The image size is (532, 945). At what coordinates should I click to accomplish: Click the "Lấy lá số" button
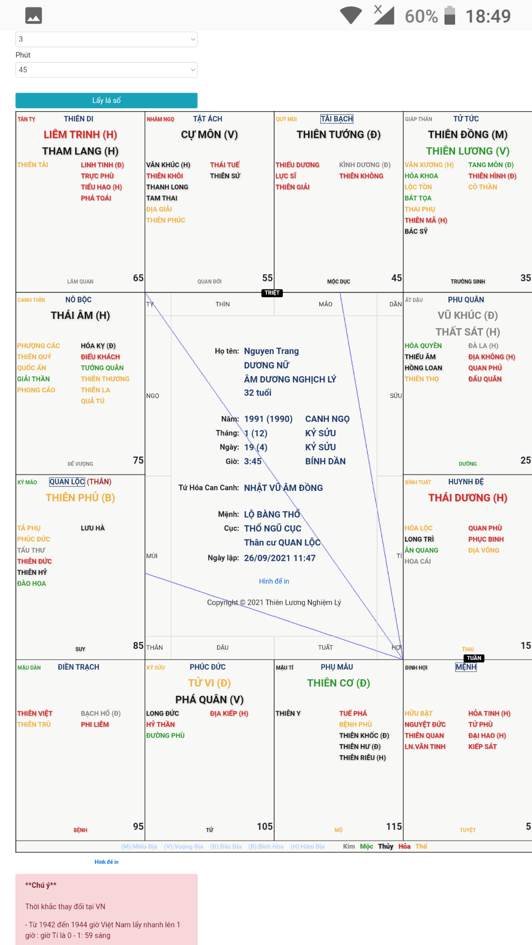(x=106, y=100)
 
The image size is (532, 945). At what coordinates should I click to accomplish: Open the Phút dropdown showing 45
(x=106, y=70)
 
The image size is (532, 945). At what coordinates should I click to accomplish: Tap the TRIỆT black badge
(x=272, y=293)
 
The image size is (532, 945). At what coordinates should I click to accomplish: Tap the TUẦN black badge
(x=474, y=658)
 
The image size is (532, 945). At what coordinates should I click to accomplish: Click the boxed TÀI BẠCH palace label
(x=337, y=119)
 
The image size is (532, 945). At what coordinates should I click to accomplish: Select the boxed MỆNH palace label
(x=466, y=667)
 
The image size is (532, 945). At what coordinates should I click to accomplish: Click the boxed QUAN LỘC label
(x=67, y=482)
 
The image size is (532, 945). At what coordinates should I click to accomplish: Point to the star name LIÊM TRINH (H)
(x=80, y=134)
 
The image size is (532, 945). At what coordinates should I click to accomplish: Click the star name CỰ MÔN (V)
(x=209, y=134)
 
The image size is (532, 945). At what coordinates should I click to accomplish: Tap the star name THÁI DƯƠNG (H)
(x=468, y=498)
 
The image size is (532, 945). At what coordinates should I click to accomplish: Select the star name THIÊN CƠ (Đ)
(x=339, y=683)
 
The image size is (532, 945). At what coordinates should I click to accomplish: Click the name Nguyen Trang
(x=271, y=351)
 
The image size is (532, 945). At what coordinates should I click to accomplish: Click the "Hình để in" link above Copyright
(x=274, y=581)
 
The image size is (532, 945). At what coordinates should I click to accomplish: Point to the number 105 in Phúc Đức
(x=265, y=827)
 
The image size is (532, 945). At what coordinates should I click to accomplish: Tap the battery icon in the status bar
(x=450, y=15)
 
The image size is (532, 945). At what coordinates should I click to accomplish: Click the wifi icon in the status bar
(x=351, y=15)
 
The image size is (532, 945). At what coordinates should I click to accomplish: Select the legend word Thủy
(x=385, y=846)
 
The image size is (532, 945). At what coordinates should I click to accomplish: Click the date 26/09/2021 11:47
(x=280, y=558)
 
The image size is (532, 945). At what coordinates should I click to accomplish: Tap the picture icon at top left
(x=33, y=16)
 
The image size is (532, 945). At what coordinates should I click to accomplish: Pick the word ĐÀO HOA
(x=32, y=584)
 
